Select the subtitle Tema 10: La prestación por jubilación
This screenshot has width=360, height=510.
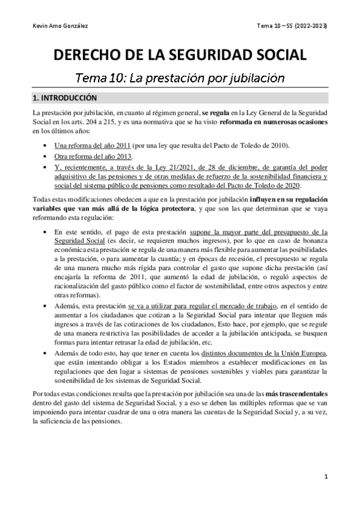pyautogui.click(x=180, y=78)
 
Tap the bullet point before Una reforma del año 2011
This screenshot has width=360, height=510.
pyautogui.click(x=47, y=146)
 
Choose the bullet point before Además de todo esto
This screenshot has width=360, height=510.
pyautogui.click(x=47, y=352)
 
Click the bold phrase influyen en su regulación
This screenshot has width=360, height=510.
pyautogui.click(x=285, y=199)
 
